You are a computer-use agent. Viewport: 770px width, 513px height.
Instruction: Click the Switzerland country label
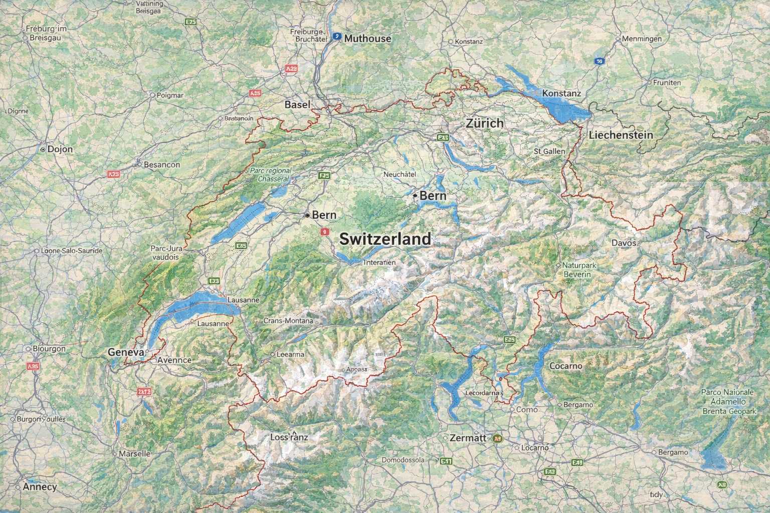385,239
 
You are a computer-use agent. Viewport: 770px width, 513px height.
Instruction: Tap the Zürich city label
484,123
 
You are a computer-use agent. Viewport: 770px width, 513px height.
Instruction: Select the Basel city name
298,105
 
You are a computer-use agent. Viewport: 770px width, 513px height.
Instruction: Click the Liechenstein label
621,135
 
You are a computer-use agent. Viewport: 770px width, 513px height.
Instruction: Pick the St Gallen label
549,151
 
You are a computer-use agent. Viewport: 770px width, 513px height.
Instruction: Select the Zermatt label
468,438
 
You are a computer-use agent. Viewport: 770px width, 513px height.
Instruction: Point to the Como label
526,410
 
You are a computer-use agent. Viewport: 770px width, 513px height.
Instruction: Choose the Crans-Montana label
288,321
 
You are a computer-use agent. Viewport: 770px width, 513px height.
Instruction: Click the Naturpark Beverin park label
577,270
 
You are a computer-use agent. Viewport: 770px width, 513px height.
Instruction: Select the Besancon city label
161,164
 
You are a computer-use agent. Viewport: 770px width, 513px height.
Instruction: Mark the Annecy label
40,486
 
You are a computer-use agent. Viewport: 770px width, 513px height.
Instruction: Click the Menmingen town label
641,39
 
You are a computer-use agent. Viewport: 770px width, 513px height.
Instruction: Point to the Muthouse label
367,39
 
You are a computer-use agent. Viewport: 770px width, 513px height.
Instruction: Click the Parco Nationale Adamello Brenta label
727,401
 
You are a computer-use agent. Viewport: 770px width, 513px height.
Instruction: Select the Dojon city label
60,149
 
